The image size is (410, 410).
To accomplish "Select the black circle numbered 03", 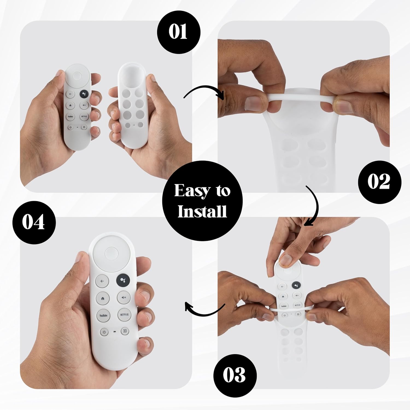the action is point(235,376).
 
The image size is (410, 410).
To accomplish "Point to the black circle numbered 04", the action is point(34,222).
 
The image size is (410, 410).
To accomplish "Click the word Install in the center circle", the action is point(202,211).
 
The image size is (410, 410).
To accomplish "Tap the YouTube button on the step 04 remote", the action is point(103,315).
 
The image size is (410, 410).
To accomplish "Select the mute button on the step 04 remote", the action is point(124,297).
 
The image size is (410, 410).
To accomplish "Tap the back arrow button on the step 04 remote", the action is point(102,281).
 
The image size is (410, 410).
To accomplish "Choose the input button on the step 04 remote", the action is point(125,331).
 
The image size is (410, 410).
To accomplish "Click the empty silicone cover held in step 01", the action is point(132,106).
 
